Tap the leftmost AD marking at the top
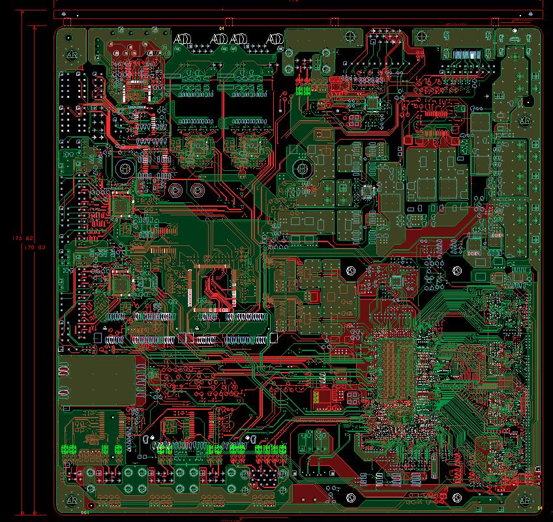click(181, 40)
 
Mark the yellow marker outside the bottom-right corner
click(539, 507)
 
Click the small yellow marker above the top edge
click(221, 28)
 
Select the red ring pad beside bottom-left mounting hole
click(91, 504)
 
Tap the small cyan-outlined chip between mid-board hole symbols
click(396, 281)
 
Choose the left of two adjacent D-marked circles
click(174, 191)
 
